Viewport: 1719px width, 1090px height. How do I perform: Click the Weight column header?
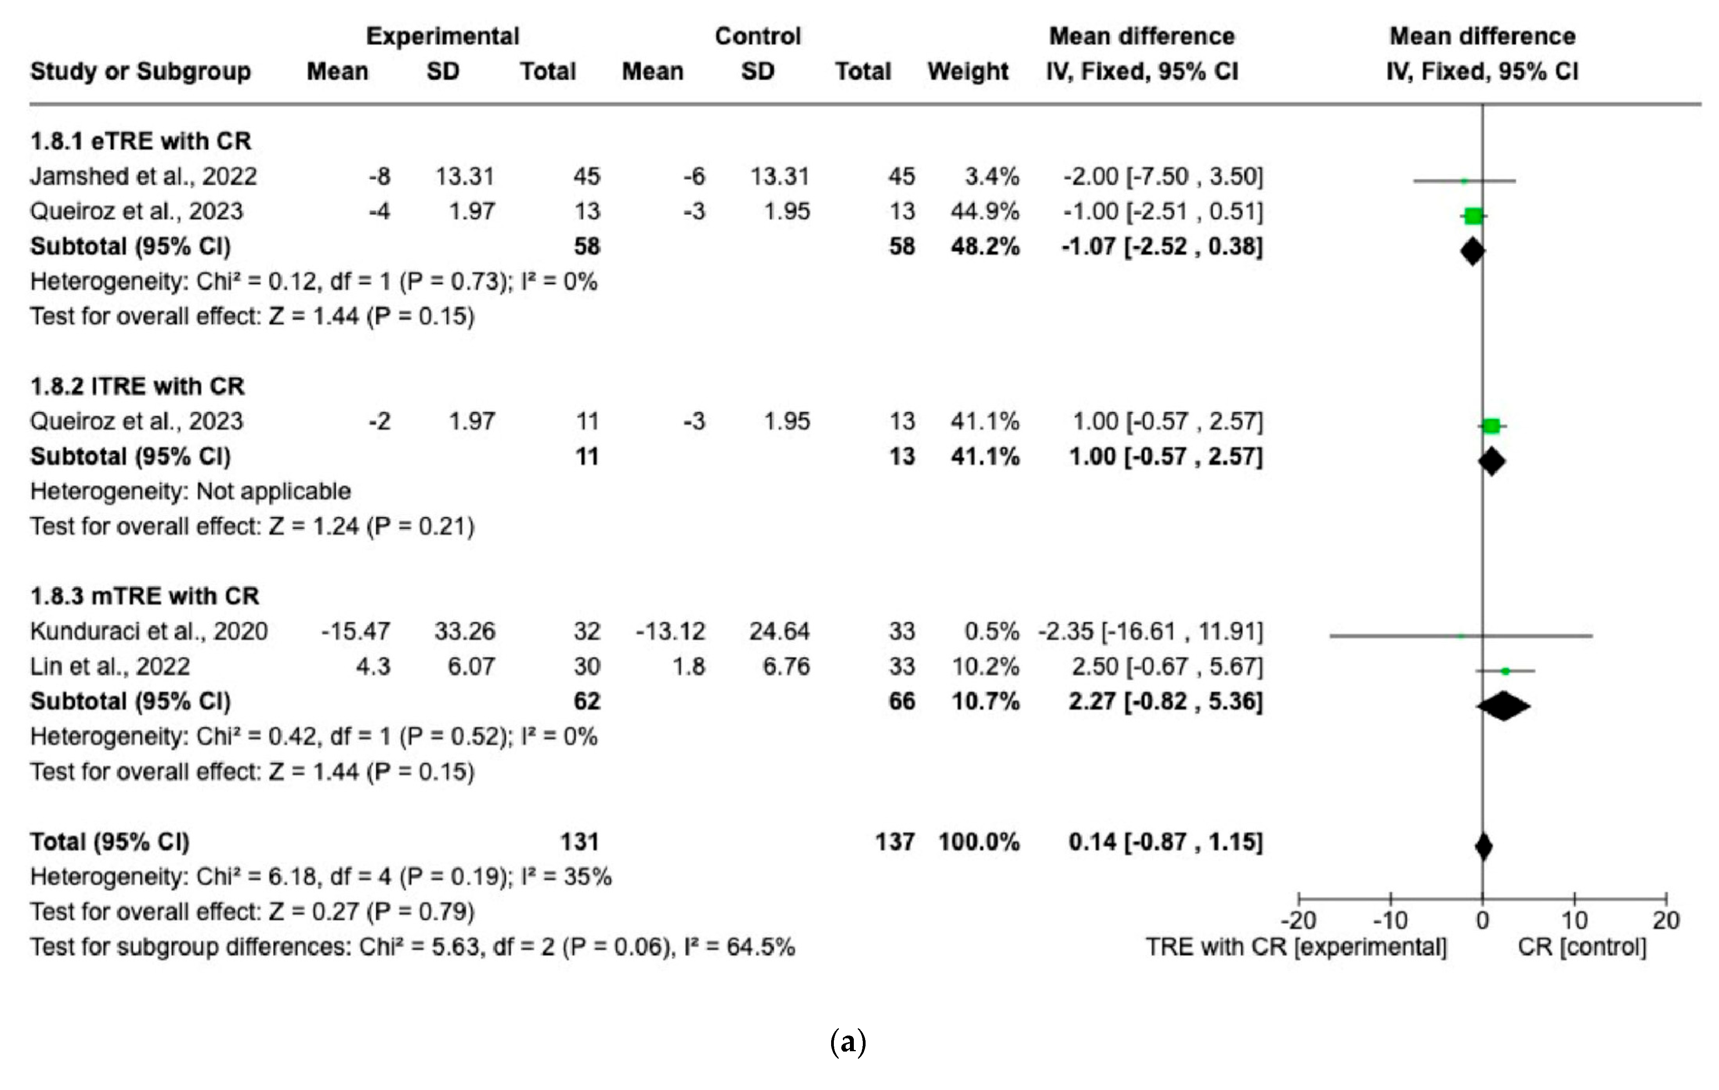pos(967,71)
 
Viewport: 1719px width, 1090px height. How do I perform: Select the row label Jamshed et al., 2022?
pos(143,176)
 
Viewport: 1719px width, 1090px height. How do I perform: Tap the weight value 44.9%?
pos(984,211)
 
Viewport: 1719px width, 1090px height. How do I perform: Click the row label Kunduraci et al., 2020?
pos(148,631)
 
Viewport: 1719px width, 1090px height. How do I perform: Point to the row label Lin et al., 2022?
pos(110,666)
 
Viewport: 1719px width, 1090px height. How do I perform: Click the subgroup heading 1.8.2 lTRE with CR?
pos(137,386)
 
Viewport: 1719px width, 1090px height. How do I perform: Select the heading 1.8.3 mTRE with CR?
pos(144,596)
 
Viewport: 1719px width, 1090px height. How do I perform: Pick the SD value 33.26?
pos(465,631)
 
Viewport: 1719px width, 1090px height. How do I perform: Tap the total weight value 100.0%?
pos(979,842)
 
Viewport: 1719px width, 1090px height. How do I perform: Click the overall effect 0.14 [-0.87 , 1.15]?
pos(1165,842)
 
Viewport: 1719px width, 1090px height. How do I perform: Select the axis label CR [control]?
pos(1582,947)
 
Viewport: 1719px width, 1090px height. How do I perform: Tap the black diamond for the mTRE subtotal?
pos(1504,706)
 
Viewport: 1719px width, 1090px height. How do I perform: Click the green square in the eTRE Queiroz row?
pos(1473,215)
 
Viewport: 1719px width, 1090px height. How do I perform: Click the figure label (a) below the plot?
pos(848,1042)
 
